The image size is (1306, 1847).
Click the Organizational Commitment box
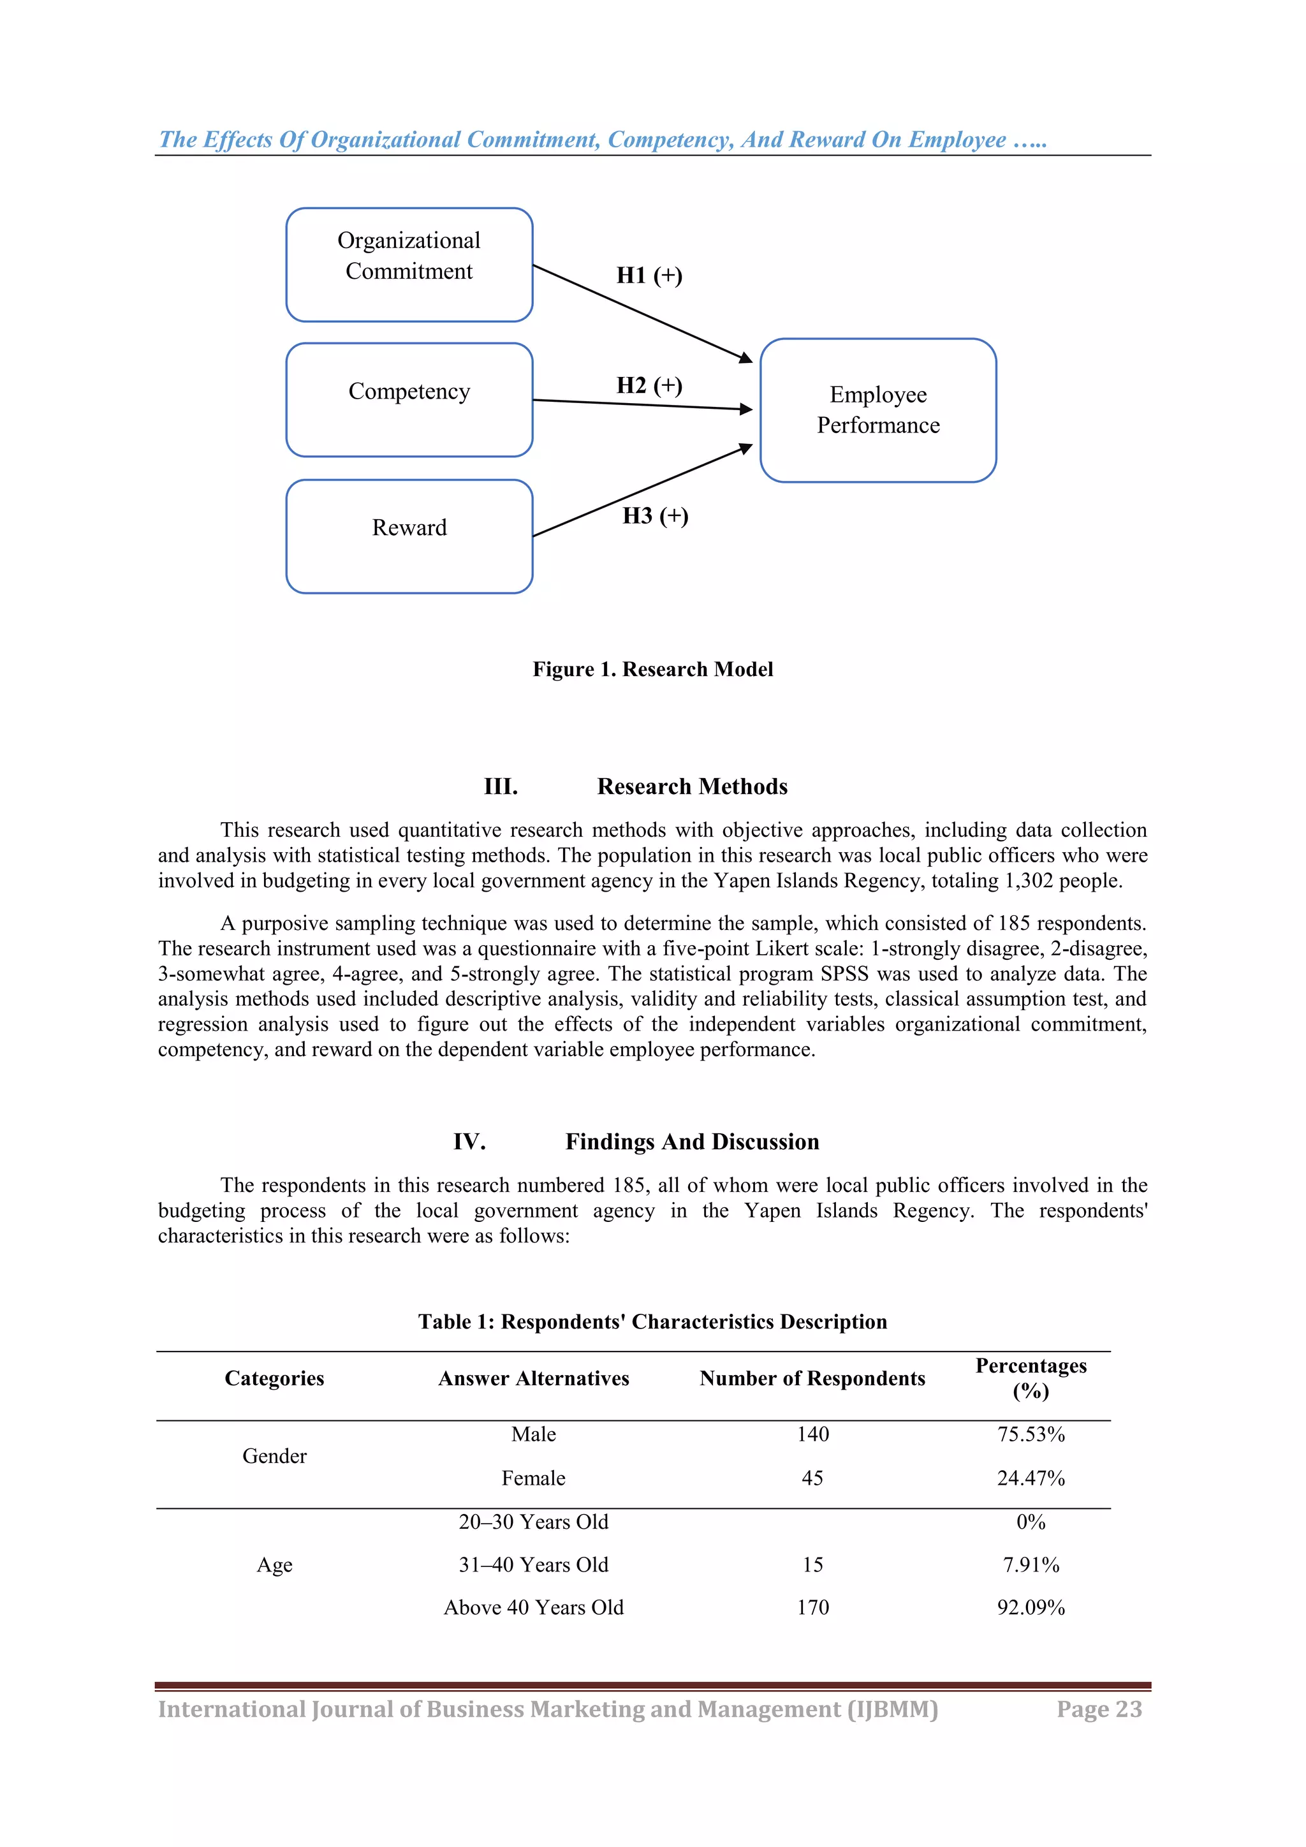click(x=409, y=264)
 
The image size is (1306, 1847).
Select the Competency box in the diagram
click(x=409, y=399)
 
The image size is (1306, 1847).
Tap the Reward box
click(x=409, y=536)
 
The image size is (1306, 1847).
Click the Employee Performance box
click(x=877, y=409)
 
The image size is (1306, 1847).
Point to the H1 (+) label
click(x=649, y=275)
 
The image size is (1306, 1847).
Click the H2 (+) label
click(x=649, y=385)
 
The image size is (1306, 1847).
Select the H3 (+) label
click(x=655, y=516)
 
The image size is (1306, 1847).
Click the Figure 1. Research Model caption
click(x=652, y=669)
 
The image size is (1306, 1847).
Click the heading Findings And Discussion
click(x=692, y=1142)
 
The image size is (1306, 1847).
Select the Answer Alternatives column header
click(x=533, y=1378)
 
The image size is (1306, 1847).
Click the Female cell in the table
click(x=533, y=1478)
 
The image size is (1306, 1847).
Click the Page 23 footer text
click(x=1099, y=1709)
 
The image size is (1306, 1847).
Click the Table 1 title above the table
click(x=652, y=1321)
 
